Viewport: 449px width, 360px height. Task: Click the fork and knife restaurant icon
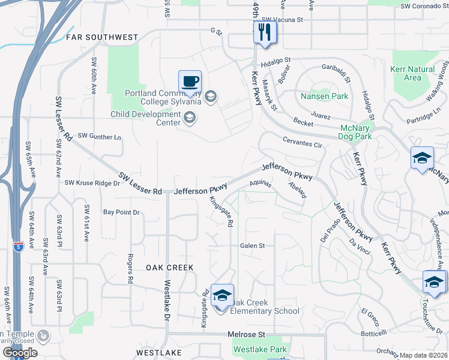(265, 32)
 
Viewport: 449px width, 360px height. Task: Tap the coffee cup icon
(190, 82)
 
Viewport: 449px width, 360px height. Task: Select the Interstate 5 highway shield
(19, 247)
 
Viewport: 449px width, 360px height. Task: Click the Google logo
(19, 353)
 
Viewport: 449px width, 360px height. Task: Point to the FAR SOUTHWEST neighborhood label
(102, 37)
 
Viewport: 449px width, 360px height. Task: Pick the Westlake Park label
(260, 349)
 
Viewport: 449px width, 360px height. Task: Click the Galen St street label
(252, 246)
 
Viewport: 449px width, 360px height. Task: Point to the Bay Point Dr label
(121, 212)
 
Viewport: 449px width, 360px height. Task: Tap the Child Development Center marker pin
(190, 117)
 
